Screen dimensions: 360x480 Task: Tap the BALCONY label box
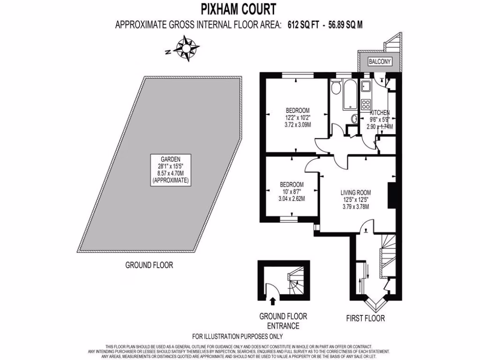pyautogui.click(x=380, y=62)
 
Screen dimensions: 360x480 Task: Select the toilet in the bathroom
pyautogui.click(x=335, y=88)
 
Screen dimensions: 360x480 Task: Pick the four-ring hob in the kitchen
pyautogui.click(x=366, y=104)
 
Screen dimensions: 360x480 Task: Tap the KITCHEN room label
pyautogui.click(x=380, y=113)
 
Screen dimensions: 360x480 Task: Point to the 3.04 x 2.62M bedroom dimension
pyautogui.click(x=292, y=198)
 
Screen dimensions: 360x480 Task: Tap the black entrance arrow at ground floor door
pyautogui.click(x=272, y=296)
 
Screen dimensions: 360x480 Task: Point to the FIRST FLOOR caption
pyautogui.click(x=366, y=319)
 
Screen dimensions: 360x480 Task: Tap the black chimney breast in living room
pyautogui.click(x=390, y=195)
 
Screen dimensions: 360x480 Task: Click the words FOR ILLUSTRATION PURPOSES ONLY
pyautogui.click(x=238, y=337)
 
